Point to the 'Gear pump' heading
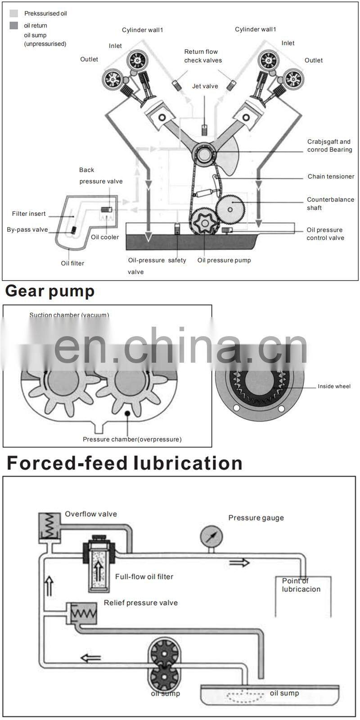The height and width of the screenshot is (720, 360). point(50,291)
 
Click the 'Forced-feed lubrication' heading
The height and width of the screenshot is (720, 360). point(125,463)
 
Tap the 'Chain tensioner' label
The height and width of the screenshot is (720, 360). point(331,176)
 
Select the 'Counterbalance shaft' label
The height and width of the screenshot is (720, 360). point(330,203)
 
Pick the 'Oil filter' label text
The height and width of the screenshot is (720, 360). point(72,263)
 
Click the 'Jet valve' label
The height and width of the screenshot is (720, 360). point(205,86)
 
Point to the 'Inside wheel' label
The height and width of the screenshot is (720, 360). point(334,386)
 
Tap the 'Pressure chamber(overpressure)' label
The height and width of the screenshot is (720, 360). point(132,439)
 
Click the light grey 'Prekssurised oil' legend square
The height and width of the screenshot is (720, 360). point(13,13)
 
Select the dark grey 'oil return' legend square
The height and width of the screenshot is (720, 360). point(13,25)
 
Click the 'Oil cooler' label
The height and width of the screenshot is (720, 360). point(105,237)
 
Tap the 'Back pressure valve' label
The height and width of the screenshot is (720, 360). point(101,175)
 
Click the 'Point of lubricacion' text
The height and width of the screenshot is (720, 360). point(301,585)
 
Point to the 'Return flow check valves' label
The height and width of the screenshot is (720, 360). point(202,56)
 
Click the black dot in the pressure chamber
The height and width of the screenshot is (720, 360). point(128,413)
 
